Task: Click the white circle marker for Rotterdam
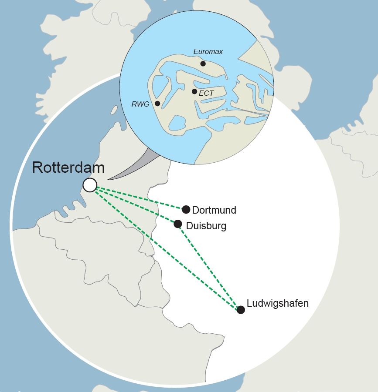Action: coord(90,185)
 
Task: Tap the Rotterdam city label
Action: coord(68,168)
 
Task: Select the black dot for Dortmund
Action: coord(186,209)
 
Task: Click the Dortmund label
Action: coord(214,211)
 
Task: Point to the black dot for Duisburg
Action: coord(178,224)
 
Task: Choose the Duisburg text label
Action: coord(206,226)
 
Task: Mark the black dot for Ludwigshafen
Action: coord(241,309)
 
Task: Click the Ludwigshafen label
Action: coord(278,303)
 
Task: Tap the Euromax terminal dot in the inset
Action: coord(203,64)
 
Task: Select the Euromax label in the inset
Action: coord(208,52)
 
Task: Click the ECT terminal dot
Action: coord(194,91)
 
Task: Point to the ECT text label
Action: coord(206,93)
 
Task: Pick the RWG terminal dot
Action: coord(157,104)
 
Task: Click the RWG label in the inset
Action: coord(140,104)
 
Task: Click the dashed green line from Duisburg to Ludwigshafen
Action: coord(209,267)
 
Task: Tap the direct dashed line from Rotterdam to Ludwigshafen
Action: coord(166,248)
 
